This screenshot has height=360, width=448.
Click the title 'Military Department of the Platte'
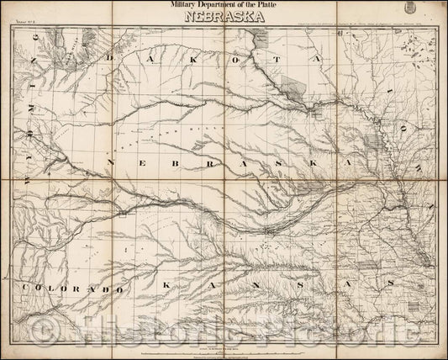click(224, 8)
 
